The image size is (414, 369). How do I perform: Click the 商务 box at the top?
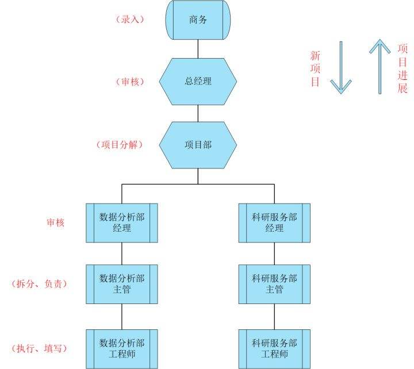(198, 20)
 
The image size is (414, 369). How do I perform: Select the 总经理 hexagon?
(198, 81)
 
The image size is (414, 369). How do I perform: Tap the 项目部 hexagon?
(198, 145)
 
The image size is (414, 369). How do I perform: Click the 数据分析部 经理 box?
(122, 222)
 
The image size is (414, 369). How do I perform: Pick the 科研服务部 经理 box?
(274, 222)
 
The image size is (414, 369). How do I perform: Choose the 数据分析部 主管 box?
(122, 284)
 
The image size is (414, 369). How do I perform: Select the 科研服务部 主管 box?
(274, 284)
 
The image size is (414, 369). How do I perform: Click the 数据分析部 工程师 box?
(122, 348)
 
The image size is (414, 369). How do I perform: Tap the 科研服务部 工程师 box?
(274, 348)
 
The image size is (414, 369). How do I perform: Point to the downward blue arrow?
(340, 68)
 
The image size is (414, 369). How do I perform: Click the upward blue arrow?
(379, 66)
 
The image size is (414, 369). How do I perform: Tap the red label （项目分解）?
(120, 145)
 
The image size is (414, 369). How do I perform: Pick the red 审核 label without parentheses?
(55, 222)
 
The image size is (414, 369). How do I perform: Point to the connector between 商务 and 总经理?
(198, 48)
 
